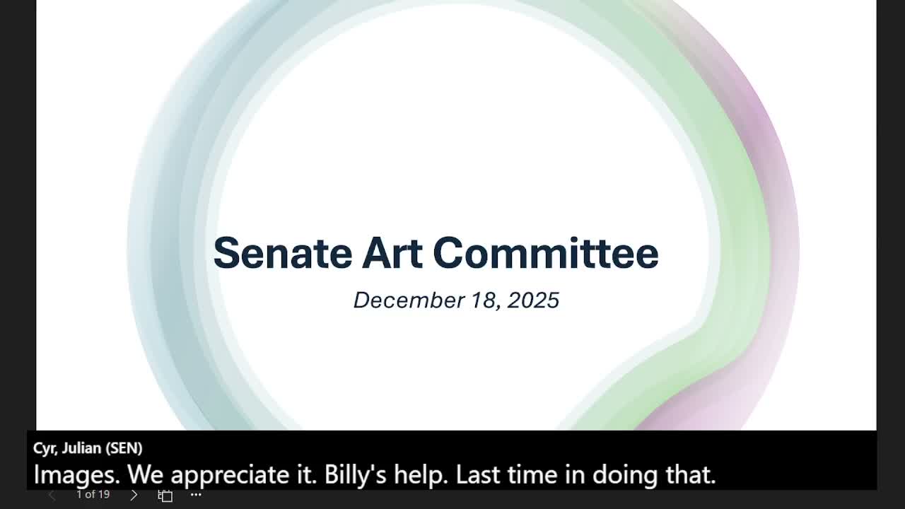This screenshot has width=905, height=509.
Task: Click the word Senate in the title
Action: point(283,253)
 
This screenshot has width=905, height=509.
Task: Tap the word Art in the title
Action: point(392,253)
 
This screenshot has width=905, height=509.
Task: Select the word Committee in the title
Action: point(546,253)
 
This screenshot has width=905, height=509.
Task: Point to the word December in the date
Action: point(409,300)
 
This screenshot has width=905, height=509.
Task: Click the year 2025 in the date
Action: point(533,300)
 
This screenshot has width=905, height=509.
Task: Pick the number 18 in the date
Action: point(486,301)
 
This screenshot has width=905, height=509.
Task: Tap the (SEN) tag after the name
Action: point(124,448)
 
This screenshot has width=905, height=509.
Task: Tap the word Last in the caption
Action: point(478,474)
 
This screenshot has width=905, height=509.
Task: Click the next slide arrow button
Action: point(134,495)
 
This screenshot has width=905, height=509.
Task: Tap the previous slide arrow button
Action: point(52,495)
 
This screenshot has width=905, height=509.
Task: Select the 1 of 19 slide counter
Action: point(93,494)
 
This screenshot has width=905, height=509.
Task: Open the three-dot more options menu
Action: point(196,494)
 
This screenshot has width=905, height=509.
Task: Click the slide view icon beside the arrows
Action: point(165,496)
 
